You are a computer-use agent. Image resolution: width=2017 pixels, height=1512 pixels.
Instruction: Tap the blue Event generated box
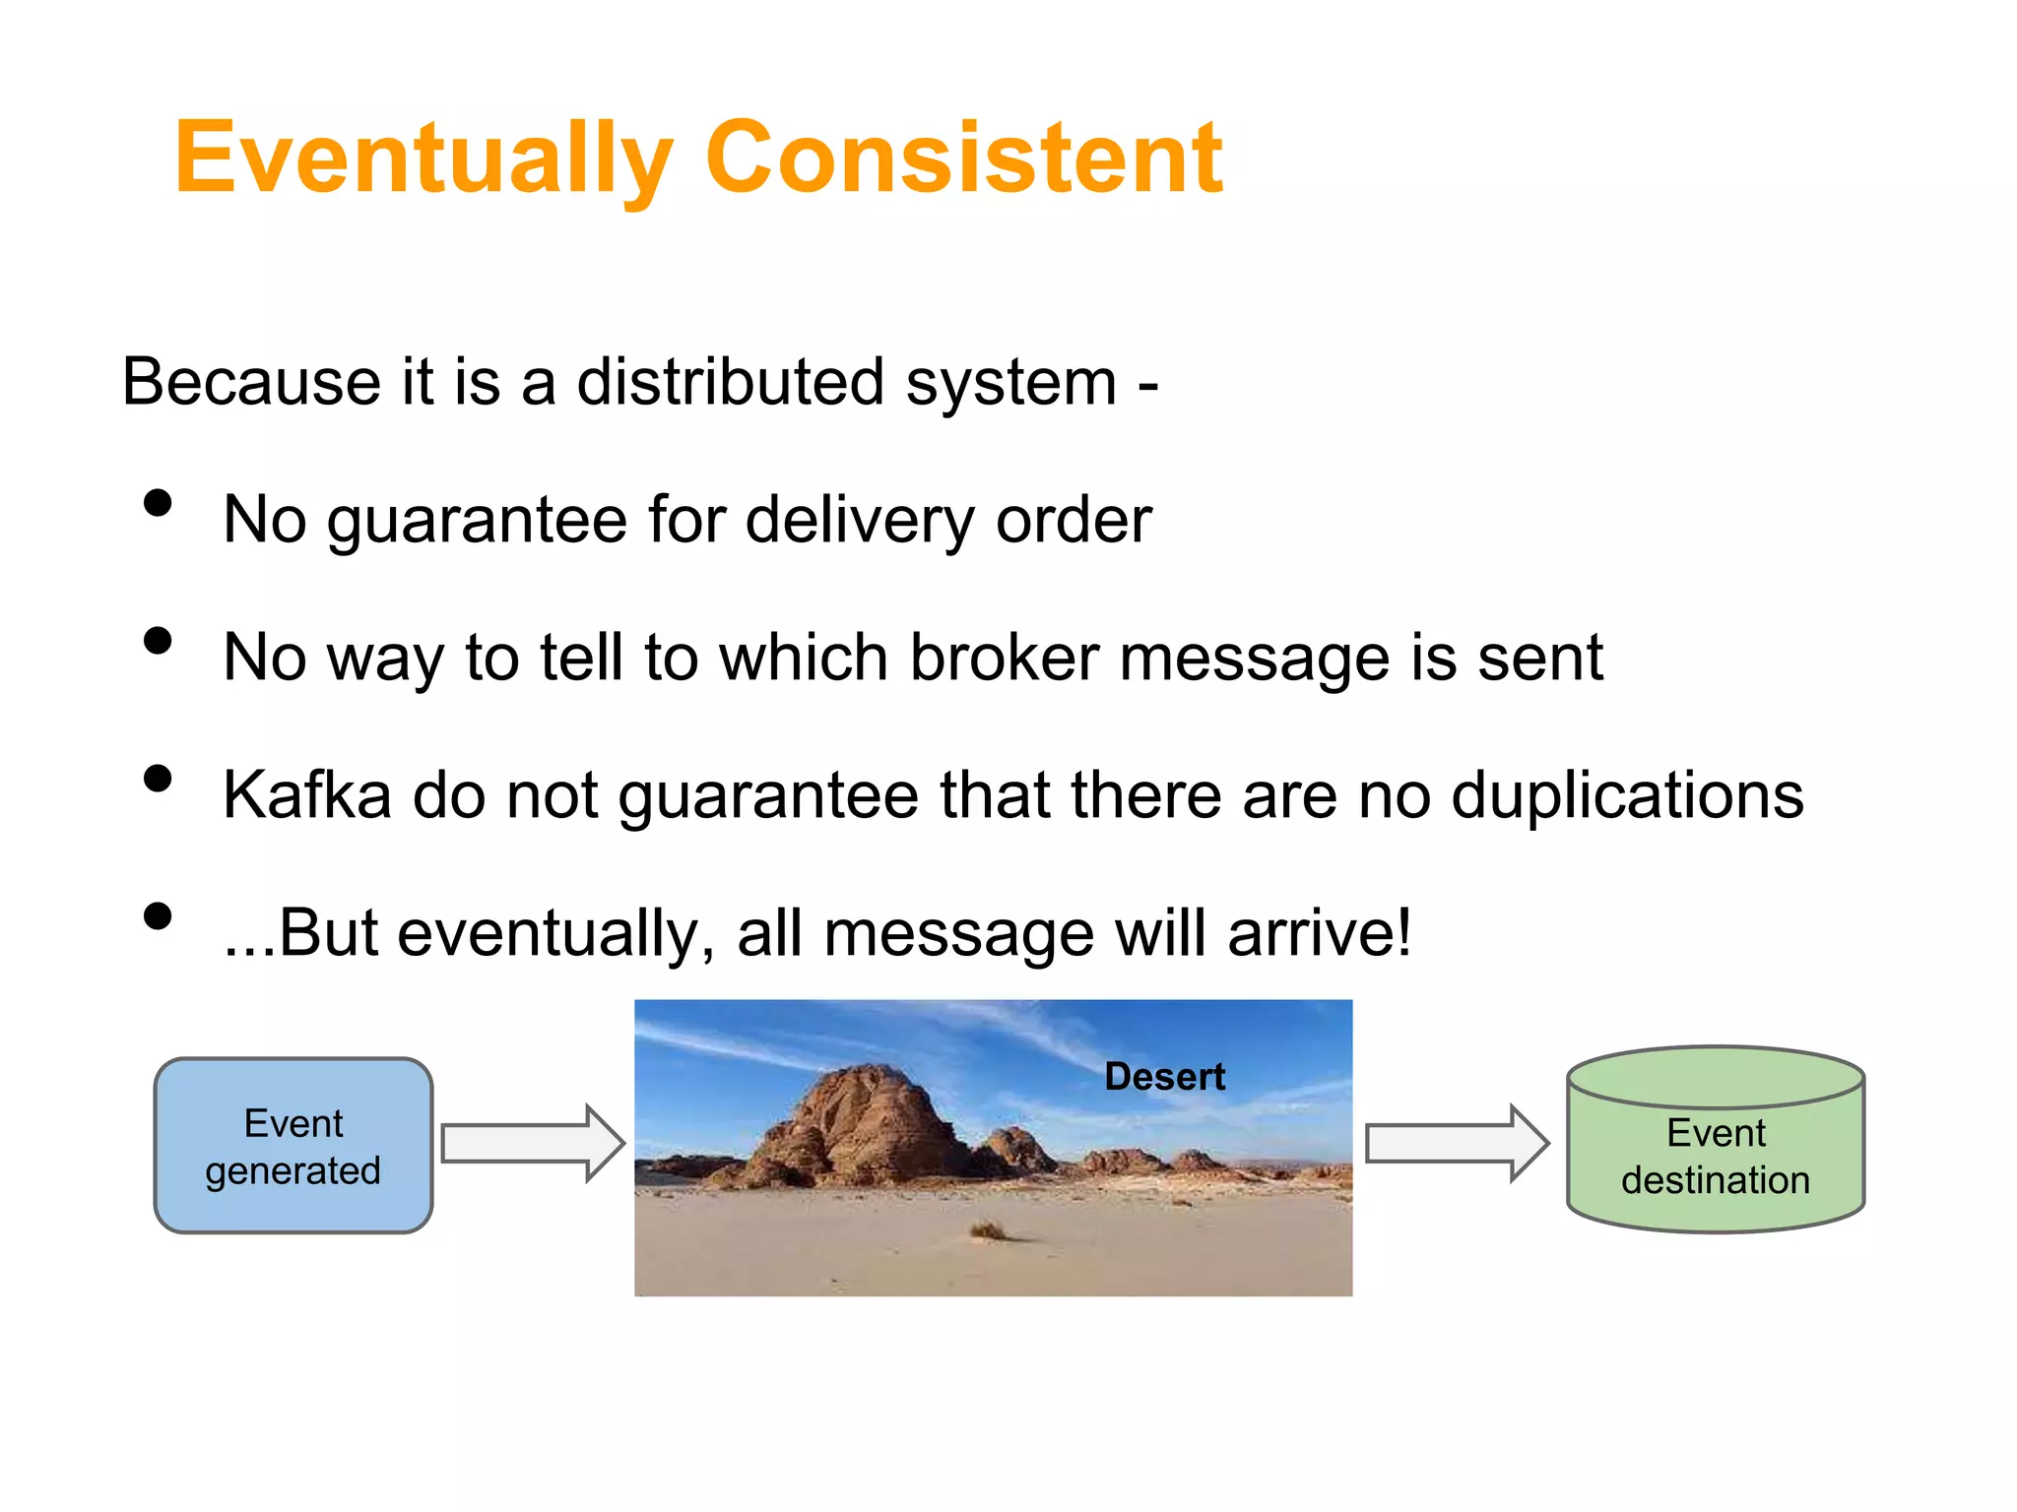coord(293,1146)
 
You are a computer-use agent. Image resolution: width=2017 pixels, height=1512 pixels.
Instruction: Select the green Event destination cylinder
coord(1716,1147)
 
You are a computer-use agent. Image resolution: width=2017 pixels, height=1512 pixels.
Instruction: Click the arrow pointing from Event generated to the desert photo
coord(532,1144)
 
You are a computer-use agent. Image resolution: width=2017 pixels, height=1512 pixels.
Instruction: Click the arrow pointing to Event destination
coord(1457,1144)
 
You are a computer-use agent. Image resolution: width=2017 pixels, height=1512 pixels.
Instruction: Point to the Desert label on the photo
coord(1164,1077)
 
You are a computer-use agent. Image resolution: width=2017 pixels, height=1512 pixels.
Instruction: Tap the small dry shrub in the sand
coord(988,1230)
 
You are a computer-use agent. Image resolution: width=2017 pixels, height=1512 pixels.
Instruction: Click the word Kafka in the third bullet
coord(306,795)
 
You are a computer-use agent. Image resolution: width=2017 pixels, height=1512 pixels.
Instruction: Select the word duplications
coord(1627,795)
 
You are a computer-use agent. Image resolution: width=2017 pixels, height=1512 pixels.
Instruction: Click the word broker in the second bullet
coord(1004,658)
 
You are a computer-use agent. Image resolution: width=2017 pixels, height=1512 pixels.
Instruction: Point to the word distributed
coord(730,382)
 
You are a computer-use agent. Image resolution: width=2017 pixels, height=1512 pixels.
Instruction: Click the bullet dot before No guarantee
coord(158,504)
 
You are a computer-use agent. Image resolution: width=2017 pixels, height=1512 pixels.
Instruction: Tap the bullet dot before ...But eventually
coord(158,916)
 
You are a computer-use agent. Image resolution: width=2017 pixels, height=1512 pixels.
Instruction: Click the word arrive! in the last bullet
coord(1319,933)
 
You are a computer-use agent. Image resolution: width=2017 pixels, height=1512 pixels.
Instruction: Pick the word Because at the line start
coord(251,382)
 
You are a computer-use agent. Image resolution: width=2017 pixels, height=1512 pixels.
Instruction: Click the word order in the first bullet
coord(1073,520)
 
